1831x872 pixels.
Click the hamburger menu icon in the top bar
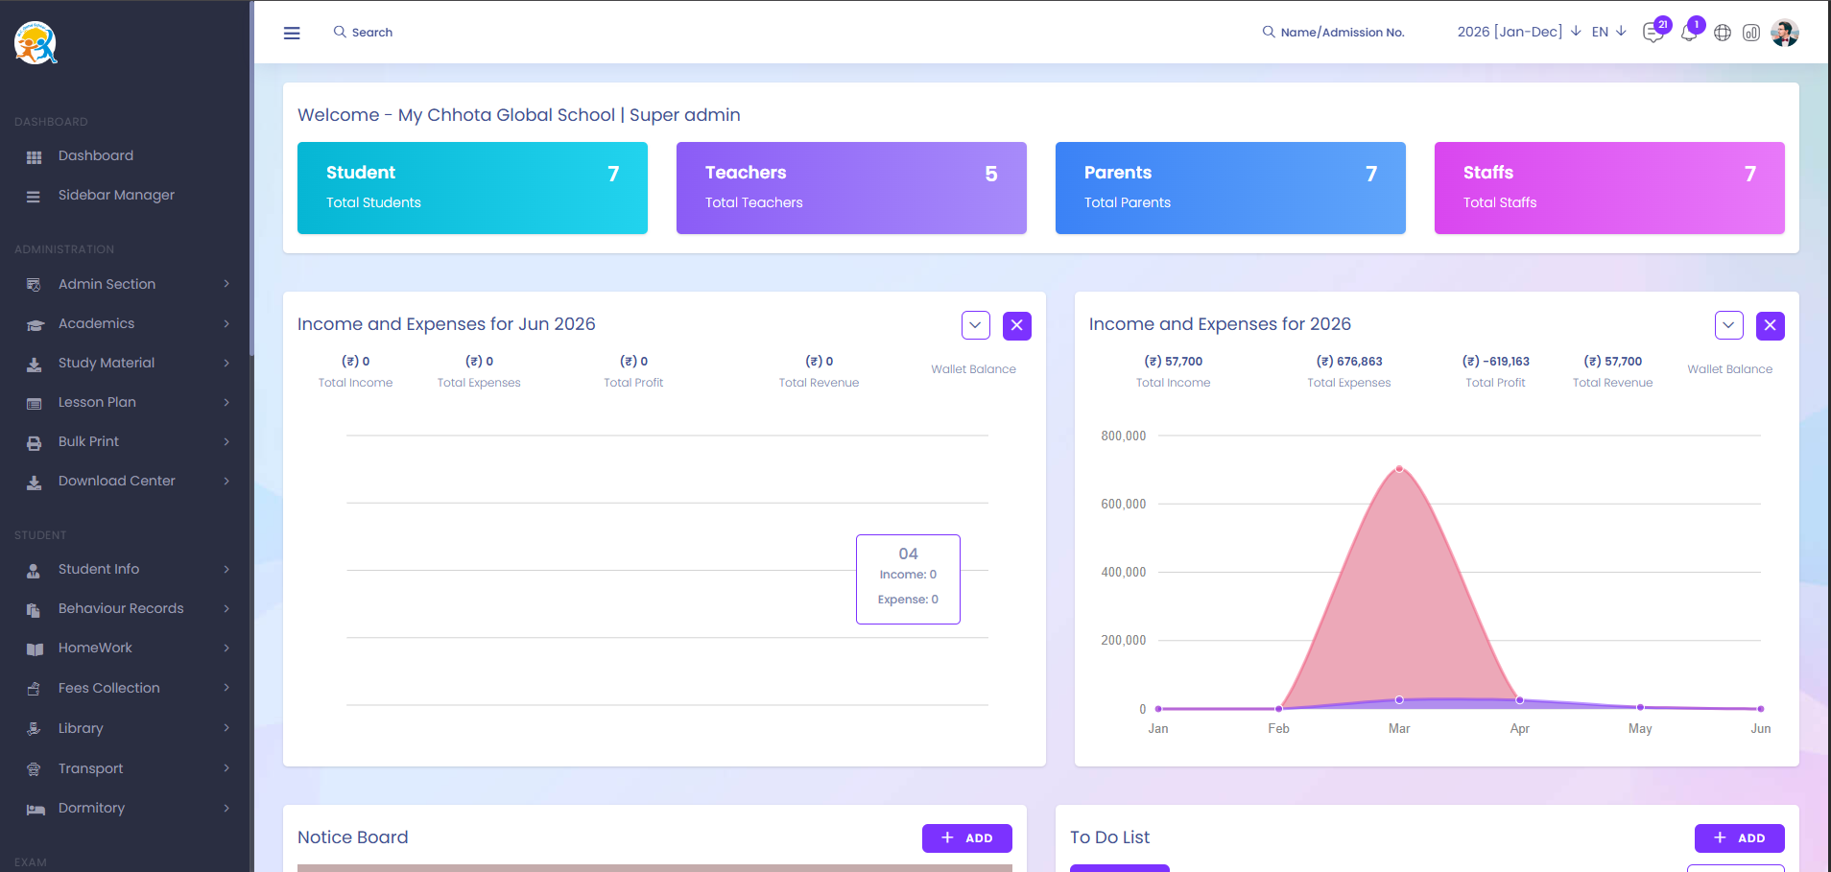coord(292,33)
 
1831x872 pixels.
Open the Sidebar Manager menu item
coord(116,195)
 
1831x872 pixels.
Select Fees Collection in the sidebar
coord(108,688)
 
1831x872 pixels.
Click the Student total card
coord(472,188)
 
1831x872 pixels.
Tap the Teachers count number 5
coord(991,174)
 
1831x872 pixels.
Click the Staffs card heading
coord(1487,173)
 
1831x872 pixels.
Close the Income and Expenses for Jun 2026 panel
coord(1017,326)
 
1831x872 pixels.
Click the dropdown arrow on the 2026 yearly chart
coord(1729,326)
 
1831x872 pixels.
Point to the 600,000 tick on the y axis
coord(1123,504)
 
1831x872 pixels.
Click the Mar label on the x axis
coord(1399,729)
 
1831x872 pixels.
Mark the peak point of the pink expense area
coord(1399,469)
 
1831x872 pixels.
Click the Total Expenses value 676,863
coord(1349,362)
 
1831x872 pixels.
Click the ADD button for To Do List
coord(1739,838)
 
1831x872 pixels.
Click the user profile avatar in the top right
coord(1785,33)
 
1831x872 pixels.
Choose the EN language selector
coord(1608,32)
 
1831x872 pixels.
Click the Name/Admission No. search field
coord(1333,33)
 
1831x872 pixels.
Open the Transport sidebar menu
coord(90,768)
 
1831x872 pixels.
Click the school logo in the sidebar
coord(36,43)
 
